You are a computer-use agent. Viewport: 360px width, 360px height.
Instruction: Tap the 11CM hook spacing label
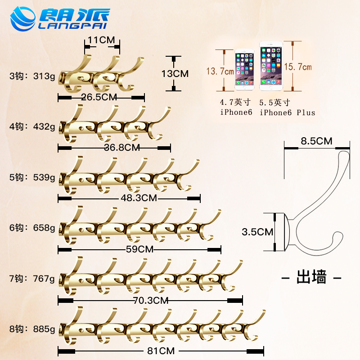click(101, 40)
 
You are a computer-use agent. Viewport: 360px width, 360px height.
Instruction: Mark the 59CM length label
click(139, 248)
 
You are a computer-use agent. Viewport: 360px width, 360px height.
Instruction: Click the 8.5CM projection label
click(317, 141)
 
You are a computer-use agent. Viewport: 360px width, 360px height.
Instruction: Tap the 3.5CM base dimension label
click(257, 232)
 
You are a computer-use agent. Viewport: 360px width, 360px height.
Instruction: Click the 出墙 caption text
click(311, 276)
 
